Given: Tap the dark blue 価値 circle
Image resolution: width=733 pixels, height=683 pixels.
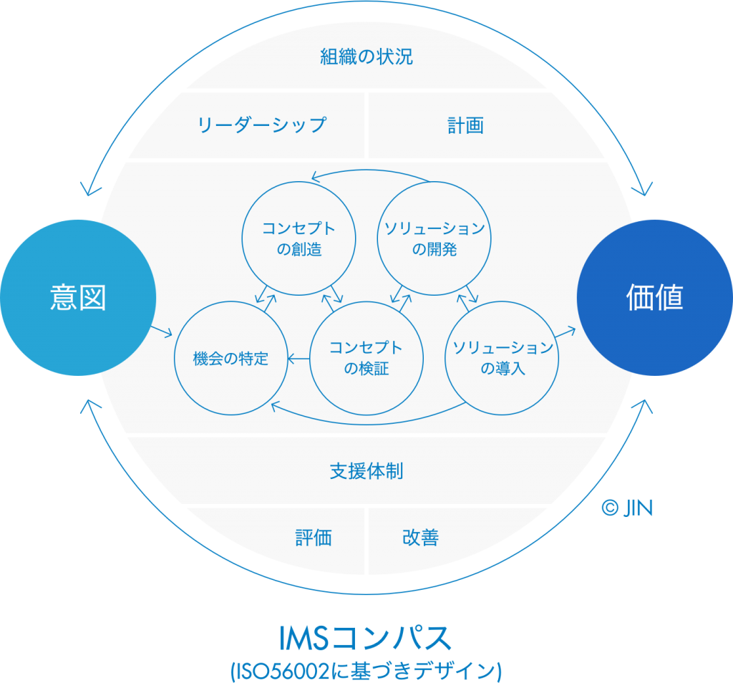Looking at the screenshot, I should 654,297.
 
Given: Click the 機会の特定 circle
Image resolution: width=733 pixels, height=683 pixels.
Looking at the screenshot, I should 230,358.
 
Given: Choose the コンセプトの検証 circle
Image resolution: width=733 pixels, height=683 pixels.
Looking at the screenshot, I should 366,358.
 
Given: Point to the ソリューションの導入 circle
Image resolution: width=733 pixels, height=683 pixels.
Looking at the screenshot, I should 503,358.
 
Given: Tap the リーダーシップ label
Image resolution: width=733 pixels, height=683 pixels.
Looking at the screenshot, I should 261,125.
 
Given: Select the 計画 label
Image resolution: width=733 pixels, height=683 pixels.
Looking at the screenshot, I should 465,125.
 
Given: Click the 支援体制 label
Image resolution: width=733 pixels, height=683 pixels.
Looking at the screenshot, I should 366,471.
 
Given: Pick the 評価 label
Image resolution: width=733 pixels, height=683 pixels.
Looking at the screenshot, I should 314,538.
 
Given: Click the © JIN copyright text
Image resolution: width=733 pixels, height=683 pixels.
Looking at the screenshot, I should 627,508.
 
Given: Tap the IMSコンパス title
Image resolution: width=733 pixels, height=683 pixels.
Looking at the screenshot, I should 366,637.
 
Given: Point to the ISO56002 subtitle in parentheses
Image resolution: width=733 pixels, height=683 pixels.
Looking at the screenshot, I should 366,671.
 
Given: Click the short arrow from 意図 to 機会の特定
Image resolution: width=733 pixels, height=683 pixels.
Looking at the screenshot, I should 161,331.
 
